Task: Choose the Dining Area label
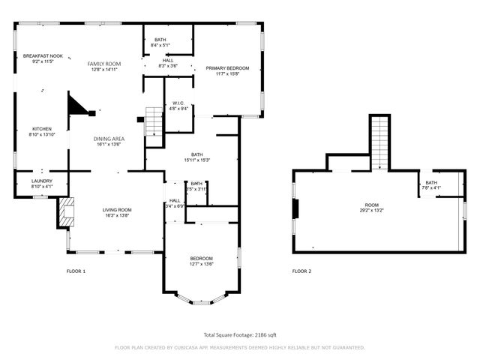click(109, 139)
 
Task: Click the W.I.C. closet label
click(178, 103)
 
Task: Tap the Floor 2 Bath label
click(431, 183)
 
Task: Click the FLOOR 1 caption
click(76, 271)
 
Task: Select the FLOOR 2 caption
click(301, 271)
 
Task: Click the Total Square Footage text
click(240, 335)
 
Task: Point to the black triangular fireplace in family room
click(77, 106)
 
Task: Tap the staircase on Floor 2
click(381, 142)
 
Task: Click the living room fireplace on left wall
click(66, 212)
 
